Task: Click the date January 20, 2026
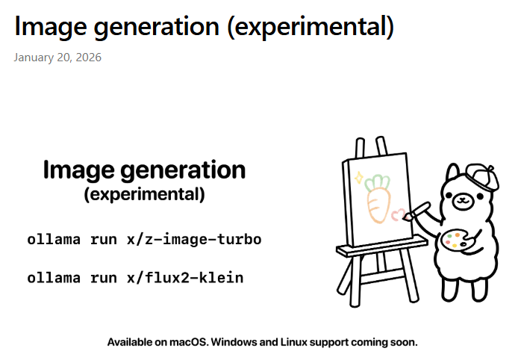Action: click(57, 58)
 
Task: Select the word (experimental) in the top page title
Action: click(311, 26)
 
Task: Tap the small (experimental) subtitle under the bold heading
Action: click(144, 194)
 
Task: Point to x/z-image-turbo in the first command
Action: click(194, 239)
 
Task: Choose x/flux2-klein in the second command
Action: click(185, 277)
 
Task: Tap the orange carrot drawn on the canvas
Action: click(378, 205)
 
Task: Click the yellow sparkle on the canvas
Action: click(359, 178)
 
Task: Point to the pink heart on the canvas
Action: click(398, 214)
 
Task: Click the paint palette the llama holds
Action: click(456, 239)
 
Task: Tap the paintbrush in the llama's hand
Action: click(416, 211)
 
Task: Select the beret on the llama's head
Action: click(482, 176)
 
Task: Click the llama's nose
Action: click(463, 199)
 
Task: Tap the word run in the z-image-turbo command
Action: click(104, 240)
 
